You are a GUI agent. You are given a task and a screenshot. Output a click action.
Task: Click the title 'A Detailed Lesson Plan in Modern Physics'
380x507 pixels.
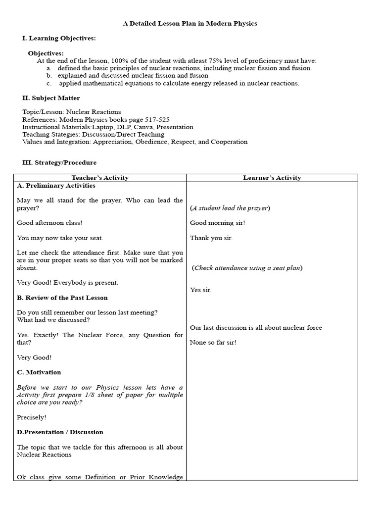[190, 23]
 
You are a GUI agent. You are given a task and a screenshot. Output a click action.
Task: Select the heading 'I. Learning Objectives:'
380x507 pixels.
[59, 38]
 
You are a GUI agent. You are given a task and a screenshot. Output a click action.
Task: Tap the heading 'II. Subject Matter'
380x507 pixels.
[51, 98]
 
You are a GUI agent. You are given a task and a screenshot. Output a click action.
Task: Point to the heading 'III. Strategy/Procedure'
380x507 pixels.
[59, 162]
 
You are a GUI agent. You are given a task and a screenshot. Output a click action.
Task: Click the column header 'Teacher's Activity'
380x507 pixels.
[100, 178]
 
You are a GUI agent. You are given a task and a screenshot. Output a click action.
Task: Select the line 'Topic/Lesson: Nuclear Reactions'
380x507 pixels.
[72, 112]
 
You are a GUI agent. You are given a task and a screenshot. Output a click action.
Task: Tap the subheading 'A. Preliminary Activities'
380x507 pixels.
[56, 186]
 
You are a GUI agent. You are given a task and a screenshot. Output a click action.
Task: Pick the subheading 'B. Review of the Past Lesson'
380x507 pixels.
[62, 298]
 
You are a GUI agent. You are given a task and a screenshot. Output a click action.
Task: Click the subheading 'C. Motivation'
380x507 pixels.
[39, 372]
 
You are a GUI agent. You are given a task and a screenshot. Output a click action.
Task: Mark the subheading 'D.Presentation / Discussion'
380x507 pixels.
[60, 432]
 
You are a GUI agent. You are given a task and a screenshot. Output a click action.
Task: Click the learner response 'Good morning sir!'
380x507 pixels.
[217, 223]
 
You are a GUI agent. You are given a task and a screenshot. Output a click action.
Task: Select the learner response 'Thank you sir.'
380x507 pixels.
[211, 238]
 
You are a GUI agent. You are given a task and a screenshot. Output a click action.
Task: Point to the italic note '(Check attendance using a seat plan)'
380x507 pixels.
[247, 268]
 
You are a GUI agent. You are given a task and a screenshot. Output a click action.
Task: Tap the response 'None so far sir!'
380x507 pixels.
[213, 342]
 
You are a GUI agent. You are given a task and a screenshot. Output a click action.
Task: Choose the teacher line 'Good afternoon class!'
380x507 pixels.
[49, 223]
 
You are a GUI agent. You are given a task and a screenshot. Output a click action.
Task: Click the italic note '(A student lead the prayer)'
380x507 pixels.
[230, 208]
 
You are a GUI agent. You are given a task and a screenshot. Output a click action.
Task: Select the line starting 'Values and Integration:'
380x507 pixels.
[135, 142]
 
